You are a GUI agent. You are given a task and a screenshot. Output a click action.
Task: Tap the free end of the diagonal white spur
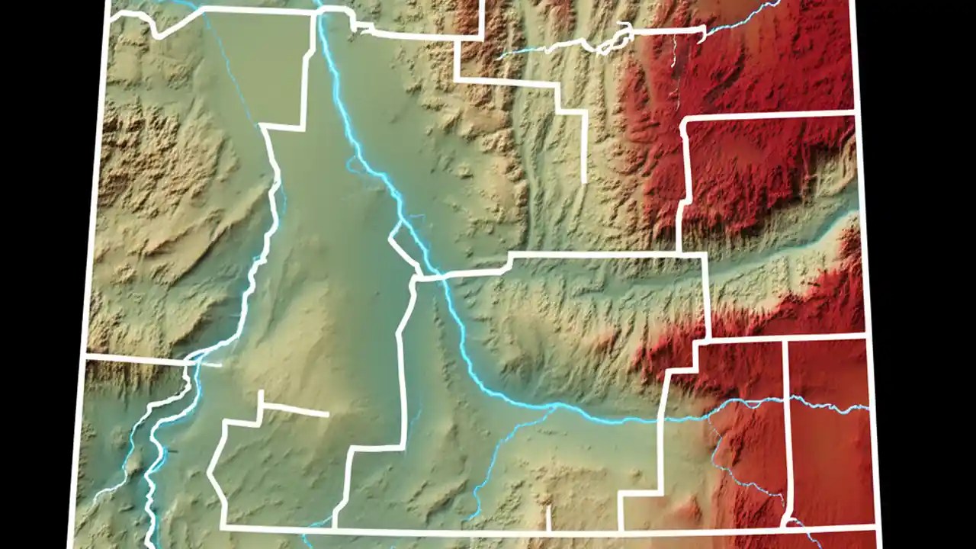click(x=328, y=415)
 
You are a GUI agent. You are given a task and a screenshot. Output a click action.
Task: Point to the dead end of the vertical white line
click(x=584, y=181)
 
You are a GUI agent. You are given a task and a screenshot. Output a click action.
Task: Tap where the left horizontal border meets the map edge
click(x=87, y=355)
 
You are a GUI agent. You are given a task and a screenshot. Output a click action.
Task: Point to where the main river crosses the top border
click(x=320, y=11)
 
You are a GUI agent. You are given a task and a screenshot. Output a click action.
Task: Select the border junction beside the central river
click(x=416, y=276)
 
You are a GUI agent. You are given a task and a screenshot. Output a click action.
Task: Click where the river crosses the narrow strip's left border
click(x=785, y=399)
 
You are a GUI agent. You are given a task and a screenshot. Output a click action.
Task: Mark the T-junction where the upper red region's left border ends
click(x=679, y=252)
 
